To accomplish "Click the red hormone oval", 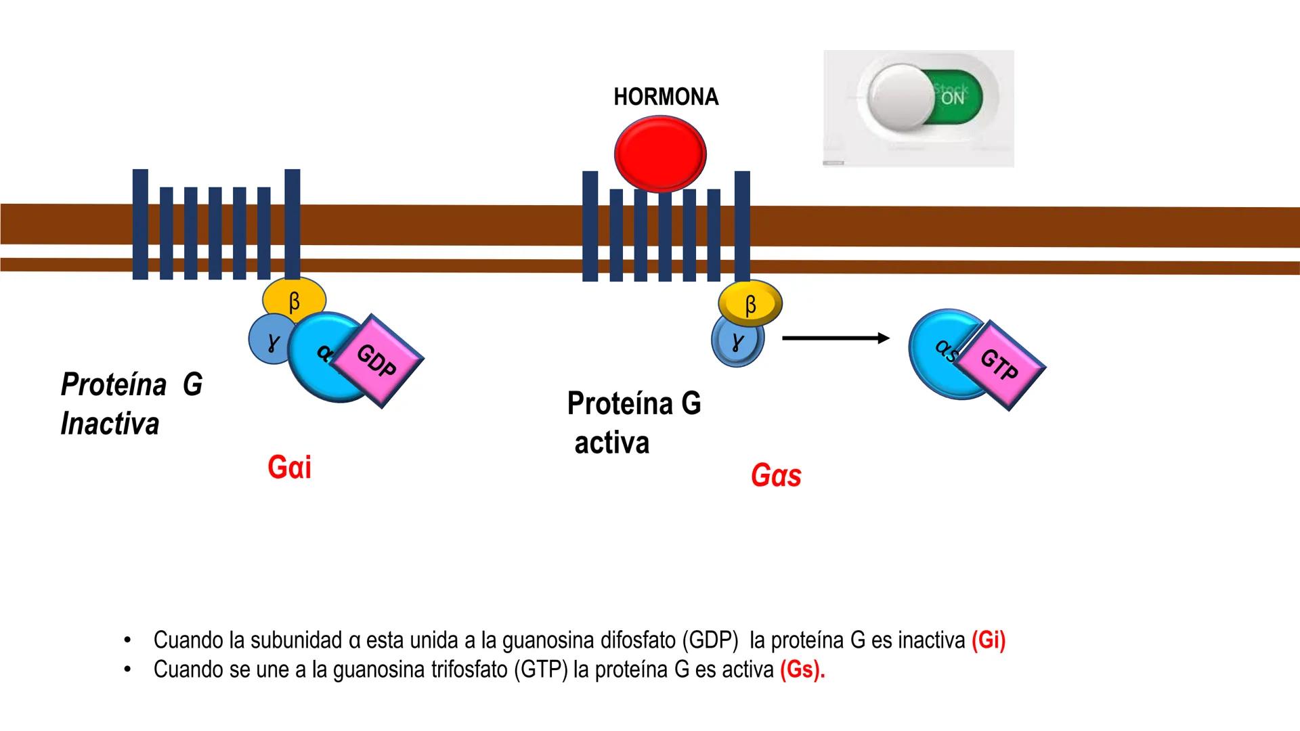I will pos(660,154).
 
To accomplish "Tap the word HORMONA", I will pos(666,97).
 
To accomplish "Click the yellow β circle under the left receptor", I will pos(294,299).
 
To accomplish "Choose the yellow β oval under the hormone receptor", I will pos(750,303).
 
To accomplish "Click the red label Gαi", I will pos(289,467).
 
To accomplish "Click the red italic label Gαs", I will pos(776,475).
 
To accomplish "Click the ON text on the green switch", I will pos(952,99).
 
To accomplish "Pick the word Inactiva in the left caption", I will pos(110,424).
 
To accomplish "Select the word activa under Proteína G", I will pos(611,443).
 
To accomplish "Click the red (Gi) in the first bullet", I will pos(988,640).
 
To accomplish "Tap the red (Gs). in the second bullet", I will pos(802,669).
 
